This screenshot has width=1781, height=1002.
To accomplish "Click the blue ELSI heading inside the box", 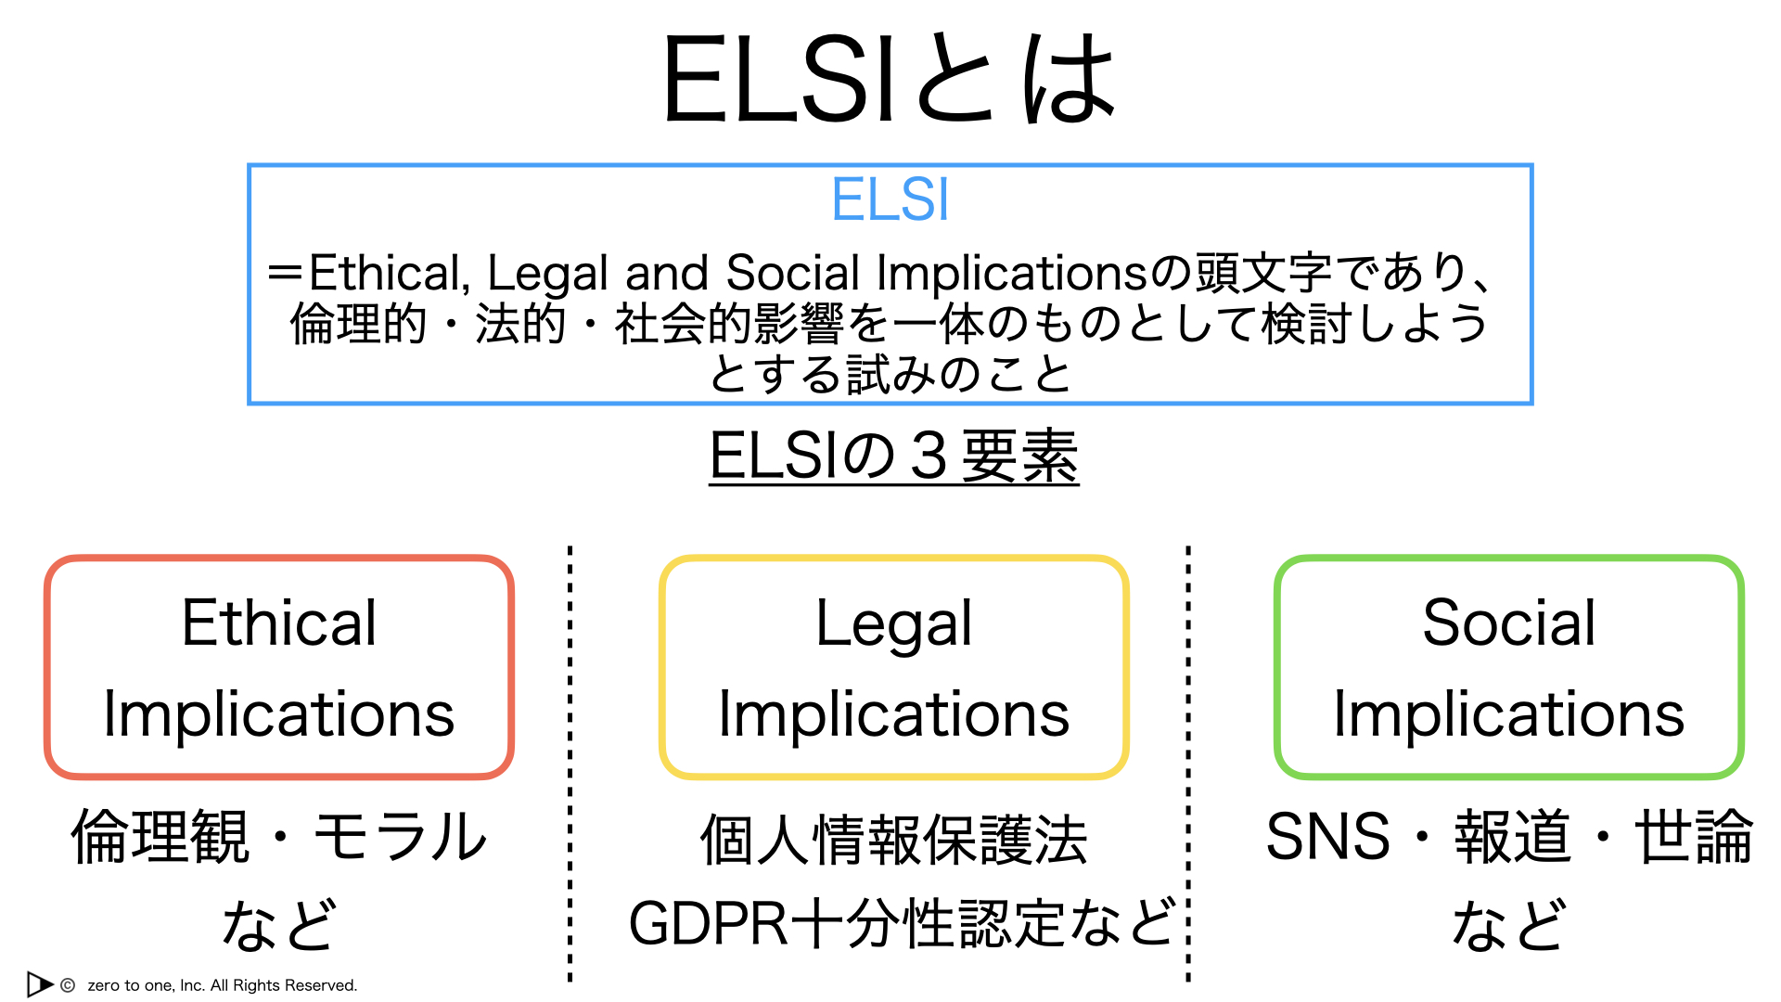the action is coord(890,199).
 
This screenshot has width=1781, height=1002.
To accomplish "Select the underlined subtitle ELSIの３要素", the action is coord(894,456).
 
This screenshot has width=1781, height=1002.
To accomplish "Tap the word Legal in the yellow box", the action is coord(894,623).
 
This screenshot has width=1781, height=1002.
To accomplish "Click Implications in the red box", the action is coord(279,715).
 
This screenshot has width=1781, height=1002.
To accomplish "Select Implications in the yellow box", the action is coord(894,715).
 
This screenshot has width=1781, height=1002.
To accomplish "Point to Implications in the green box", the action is coord(1509,715).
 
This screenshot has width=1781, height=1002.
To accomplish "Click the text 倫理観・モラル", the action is coord(279,836).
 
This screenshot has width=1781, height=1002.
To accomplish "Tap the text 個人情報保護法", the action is coord(894,840).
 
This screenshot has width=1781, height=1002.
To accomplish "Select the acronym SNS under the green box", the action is coord(1328,836).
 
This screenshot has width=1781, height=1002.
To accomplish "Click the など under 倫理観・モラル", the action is coord(279,924).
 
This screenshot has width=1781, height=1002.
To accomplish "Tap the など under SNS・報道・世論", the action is coord(1509,924).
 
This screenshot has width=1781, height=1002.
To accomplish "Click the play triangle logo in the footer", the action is coord(40,984).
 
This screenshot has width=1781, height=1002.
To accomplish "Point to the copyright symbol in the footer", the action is coord(68,985).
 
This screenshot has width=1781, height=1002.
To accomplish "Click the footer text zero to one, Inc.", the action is coord(147,985).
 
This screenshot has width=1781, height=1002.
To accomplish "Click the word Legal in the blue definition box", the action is coord(547,274).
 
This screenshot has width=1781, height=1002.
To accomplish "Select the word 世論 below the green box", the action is coord(1694,836).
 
